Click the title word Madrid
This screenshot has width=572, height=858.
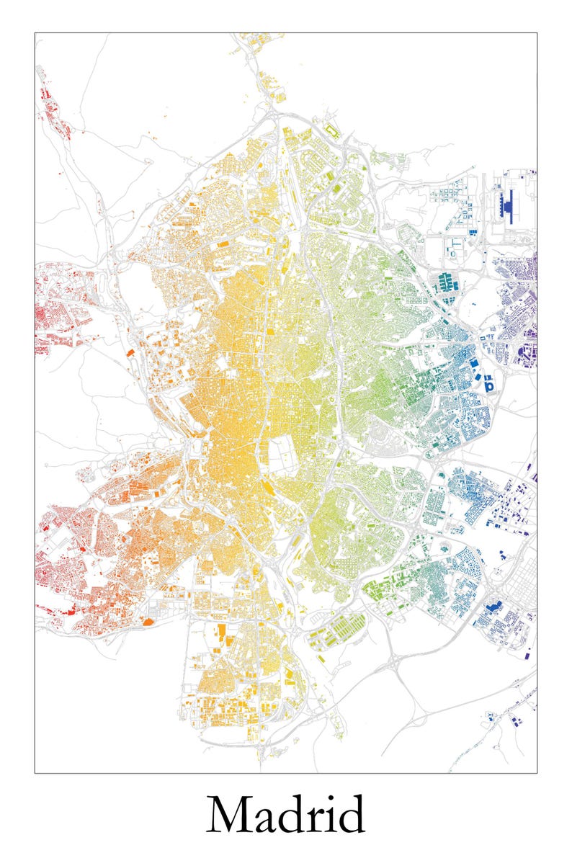(286, 815)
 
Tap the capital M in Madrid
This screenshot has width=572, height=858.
(229, 815)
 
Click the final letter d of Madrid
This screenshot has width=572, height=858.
(352, 815)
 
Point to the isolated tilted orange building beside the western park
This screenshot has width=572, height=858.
(131, 353)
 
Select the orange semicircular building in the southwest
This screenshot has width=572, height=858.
(148, 620)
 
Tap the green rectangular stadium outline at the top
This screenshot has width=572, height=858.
(333, 130)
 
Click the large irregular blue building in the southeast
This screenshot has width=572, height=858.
(493, 607)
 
